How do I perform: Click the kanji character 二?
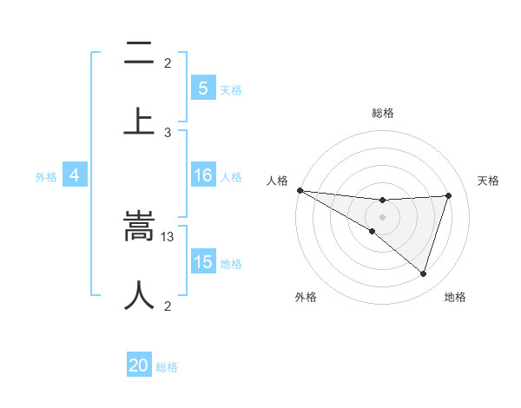(138, 54)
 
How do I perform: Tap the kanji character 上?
(138, 120)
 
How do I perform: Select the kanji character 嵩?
(138, 228)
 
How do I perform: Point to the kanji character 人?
(138, 295)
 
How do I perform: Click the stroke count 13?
(168, 237)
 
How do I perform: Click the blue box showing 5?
(202, 89)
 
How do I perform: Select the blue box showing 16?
(202, 175)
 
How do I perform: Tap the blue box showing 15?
(202, 262)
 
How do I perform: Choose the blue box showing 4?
(74, 175)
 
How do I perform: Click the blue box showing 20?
(139, 365)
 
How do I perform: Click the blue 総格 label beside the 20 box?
(167, 367)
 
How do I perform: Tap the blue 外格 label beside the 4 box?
(46, 177)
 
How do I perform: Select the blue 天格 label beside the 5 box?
(231, 90)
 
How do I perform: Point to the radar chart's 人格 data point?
(300, 189)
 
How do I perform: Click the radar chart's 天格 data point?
(449, 195)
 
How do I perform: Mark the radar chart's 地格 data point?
(423, 274)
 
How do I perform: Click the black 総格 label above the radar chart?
(383, 113)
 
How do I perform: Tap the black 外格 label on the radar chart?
(306, 297)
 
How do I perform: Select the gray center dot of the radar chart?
(382, 216)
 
